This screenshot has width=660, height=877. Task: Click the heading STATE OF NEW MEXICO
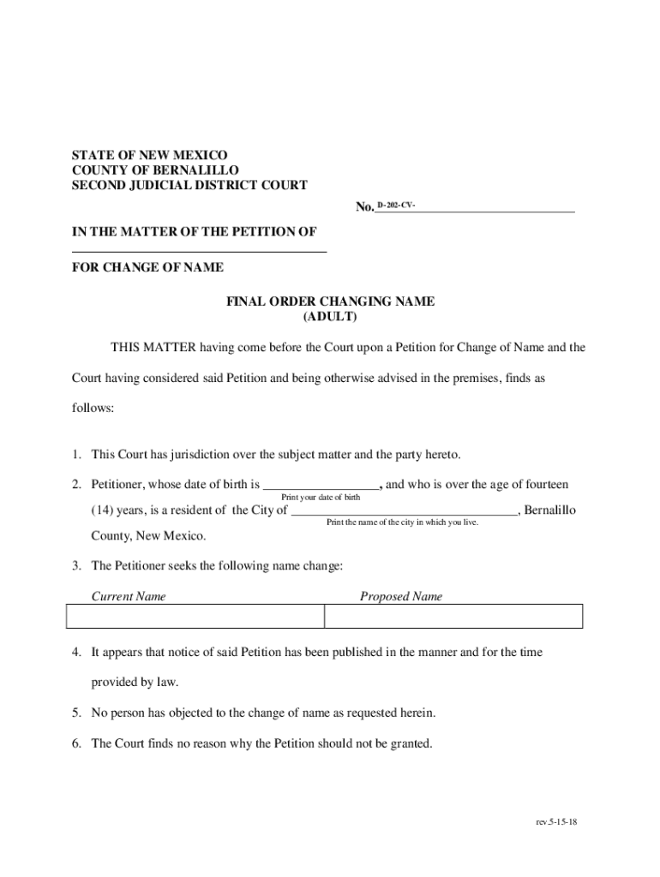click(149, 155)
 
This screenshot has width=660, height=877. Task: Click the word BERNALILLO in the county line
click(196, 170)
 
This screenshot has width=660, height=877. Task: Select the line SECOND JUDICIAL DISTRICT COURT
click(189, 185)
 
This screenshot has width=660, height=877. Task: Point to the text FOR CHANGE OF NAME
click(147, 267)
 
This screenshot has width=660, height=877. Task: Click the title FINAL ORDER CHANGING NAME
click(330, 301)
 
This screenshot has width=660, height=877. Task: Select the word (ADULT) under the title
click(330, 317)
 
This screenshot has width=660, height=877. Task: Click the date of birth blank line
click(321, 485)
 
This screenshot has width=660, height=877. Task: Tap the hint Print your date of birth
click(321, 498)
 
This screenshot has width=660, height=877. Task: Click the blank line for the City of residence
click(404, 511)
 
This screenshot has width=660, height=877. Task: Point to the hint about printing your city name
click(402, 522)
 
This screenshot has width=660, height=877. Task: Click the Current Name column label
click(129, 596)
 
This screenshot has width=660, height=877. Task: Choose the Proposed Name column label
click(401, 596)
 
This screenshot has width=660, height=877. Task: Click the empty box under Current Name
click(195, 617)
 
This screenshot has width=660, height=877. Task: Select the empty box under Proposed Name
click(453, 617)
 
